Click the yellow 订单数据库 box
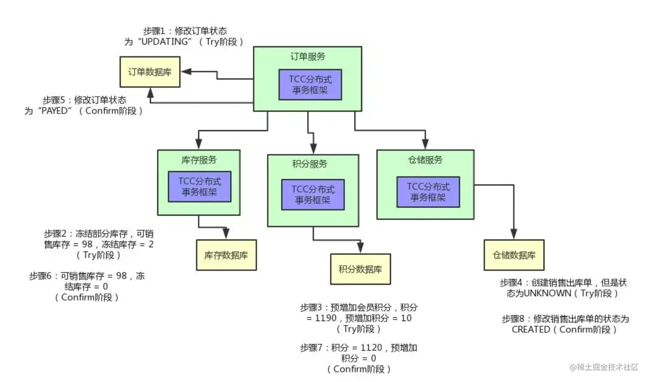click(x=150, y=72)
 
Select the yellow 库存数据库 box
click(x=226, y=255)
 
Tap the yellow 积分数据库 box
click(x=360, y=269)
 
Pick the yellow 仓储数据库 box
click(x=514, y=255)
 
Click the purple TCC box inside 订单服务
click(x=310, y=85)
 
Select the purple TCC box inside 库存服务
click(x=199, y=187)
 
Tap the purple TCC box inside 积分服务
click(x=312, y=195)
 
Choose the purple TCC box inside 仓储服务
click(x=428, y=192)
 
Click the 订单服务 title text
click(x=308, y=57)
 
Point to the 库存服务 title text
click(x=199, y=160)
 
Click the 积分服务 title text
click(x=309, y=164)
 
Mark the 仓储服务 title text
click(x=425, y=160)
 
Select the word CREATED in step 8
click(x=531, y=330)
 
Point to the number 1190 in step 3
click(x=326, y=318)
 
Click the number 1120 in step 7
click(x=371, y=348)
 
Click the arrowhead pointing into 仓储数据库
click(x=513, y=234)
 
